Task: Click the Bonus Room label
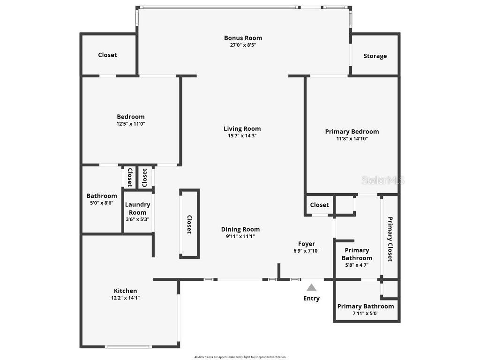coord(243,38)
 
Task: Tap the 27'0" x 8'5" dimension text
coord(243,45)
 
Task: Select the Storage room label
coord(375,56)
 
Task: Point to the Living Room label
coord(242,128)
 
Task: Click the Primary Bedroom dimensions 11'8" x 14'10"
coord(352,139)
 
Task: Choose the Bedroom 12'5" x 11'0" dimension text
coord(131,124)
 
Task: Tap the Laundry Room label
coord(137,208)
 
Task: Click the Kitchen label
coord(126,291)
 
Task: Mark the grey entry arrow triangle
coord(312,287)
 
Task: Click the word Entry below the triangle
coord(312,298)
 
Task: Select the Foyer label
coord(307,244)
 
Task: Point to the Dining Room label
coord(240,229)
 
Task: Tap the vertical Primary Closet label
coord(390,239)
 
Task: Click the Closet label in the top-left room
coord(107,55)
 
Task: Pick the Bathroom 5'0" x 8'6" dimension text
coord(101,203)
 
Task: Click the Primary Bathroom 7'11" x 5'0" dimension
coord(366,314)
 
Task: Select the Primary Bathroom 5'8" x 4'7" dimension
coord(357,265)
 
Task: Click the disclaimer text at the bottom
coord(240,357)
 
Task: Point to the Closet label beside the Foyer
coord(319,205)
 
